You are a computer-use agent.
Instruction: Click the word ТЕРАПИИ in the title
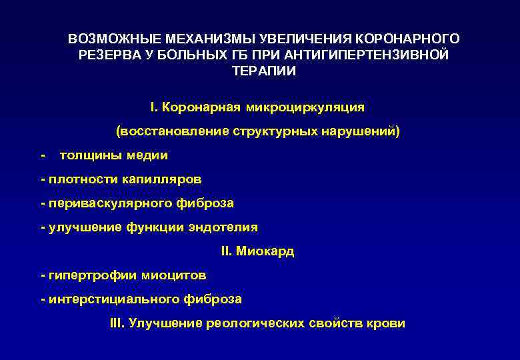263,71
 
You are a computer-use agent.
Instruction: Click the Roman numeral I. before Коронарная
154,107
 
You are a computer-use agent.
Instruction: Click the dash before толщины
43,155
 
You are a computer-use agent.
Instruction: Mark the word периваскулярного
100,203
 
